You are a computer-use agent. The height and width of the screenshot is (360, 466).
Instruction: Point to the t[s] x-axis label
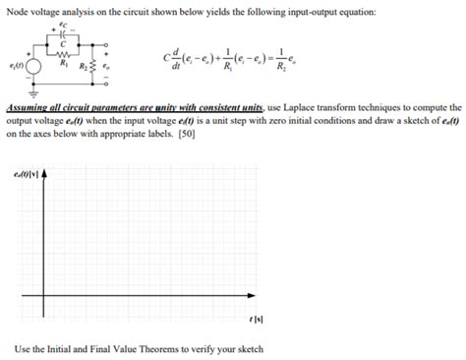coord(258,321)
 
